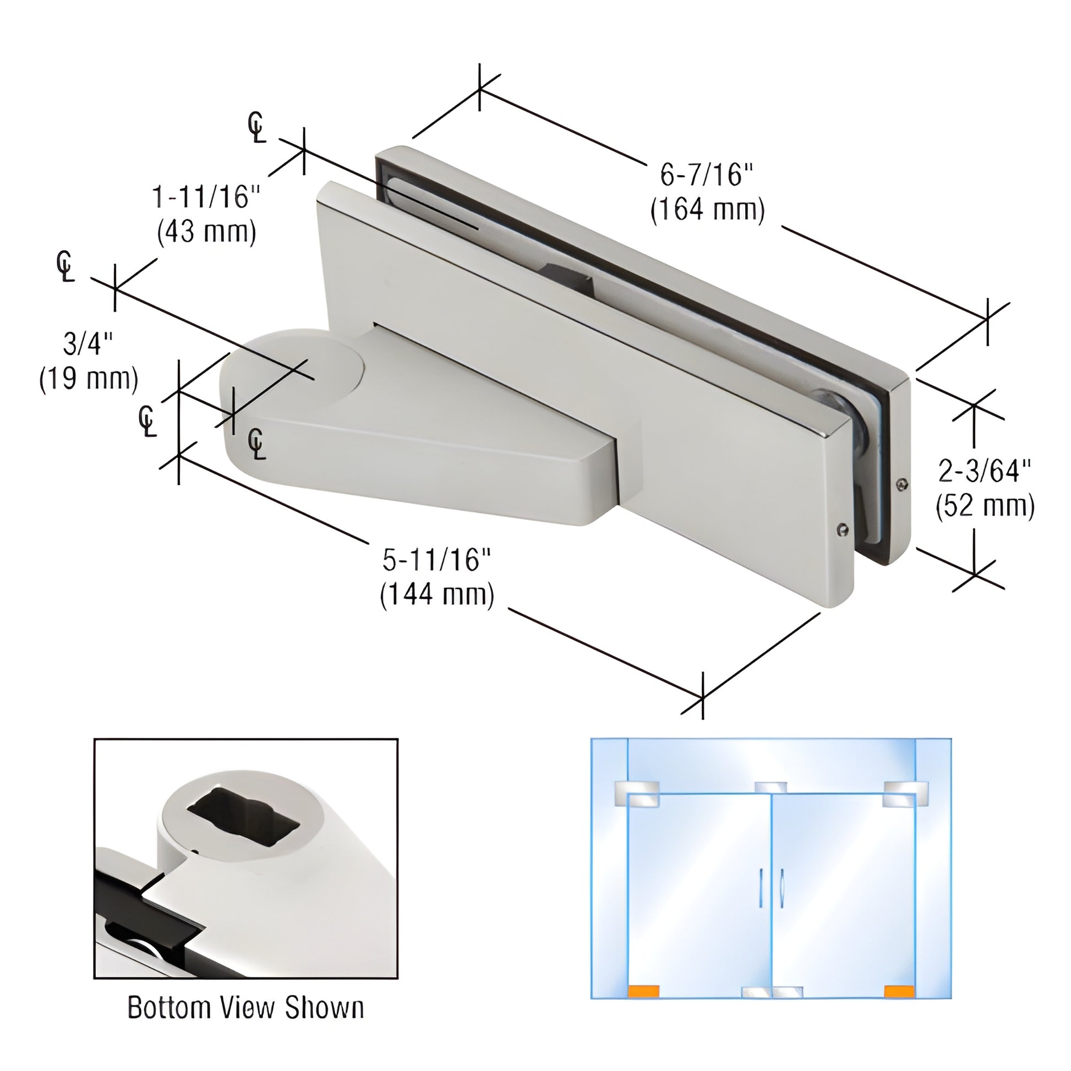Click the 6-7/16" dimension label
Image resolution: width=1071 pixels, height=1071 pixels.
(x=707, y=176)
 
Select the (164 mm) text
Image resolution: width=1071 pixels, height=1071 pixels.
(x=707, y=210)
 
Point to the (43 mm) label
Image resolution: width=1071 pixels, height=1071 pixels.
(x=207, y=231)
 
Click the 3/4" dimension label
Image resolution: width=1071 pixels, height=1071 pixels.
(x=88, y=345)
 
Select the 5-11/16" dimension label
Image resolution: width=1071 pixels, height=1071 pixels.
(x=438, y=560)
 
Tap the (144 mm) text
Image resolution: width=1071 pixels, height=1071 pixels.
(x=438, y=595)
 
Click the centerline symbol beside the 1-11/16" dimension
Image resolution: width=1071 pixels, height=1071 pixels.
(x=256, y=128)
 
